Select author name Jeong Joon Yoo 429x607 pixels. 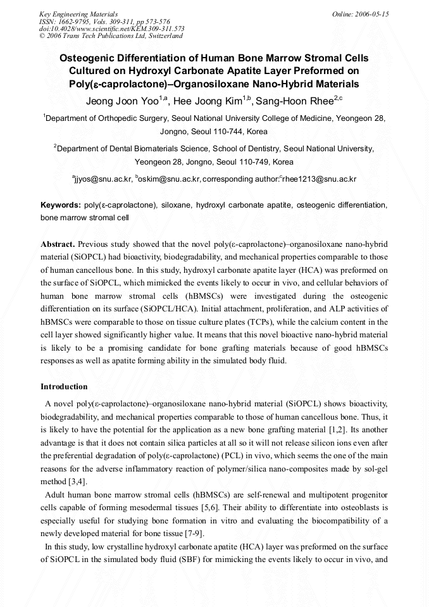121,101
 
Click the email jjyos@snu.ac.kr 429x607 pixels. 103,180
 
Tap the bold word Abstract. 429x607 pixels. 58,244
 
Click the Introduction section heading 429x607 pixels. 64,387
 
